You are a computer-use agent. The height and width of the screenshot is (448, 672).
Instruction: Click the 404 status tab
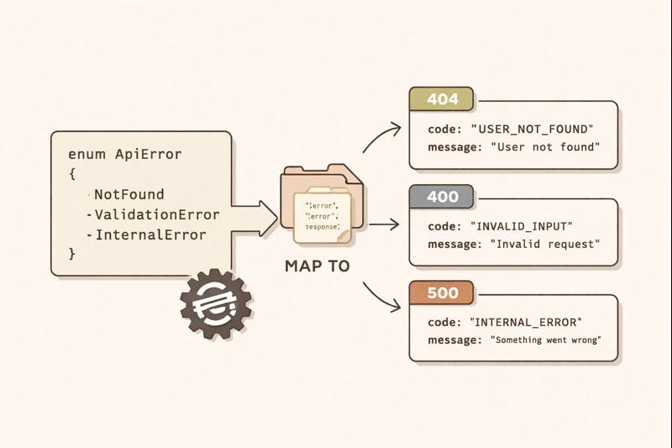(442, 100)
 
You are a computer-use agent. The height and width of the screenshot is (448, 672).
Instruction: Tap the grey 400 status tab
(442, 198)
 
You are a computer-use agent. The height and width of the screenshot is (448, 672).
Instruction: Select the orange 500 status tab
(442, 293)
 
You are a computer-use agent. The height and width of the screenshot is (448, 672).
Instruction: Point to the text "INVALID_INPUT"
(527, 226)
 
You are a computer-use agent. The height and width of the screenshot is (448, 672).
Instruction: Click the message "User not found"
(546, 147)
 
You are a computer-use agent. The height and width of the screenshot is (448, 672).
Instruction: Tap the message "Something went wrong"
(546, 340)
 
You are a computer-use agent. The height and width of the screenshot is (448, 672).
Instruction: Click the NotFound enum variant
(129, 194)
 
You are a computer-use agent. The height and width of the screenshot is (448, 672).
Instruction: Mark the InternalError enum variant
(150, 235)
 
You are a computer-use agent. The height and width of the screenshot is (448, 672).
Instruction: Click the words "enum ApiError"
(124, 155)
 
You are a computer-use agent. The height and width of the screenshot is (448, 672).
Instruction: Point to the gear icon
(216, 303)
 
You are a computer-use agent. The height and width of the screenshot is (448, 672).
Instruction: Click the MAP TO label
(318, 266)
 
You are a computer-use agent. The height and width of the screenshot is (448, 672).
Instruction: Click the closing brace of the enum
(72, 253)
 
